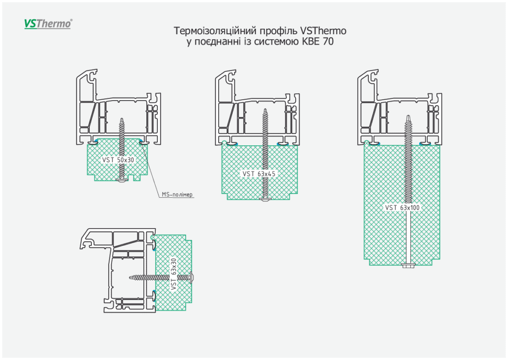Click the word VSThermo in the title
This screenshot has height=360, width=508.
pyautogui.click(x=323, y=31)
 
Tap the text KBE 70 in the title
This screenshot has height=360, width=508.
pyautogui.click(x=317, y=42)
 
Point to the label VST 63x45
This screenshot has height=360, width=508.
pyautogui.click(x=258, y=174)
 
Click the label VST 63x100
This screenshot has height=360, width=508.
pyautogui.click(x=403, y=208)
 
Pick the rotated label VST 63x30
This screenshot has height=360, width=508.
pyautogui.click(x=173, y=274)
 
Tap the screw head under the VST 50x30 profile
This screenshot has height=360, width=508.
pyautogui.click(x=123, y=180)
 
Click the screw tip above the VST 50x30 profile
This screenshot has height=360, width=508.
pyautogui.click(x=123, y=120)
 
